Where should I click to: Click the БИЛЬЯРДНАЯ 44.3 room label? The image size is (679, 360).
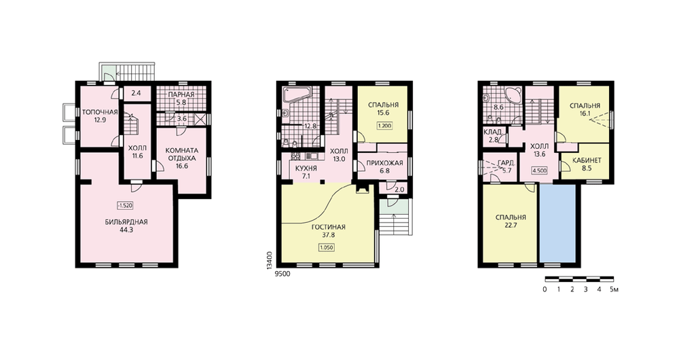[x=126, y=226]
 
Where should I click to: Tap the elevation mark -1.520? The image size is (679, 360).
[x=125, y=206]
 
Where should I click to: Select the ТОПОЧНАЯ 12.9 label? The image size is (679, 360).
[x=100, y=116]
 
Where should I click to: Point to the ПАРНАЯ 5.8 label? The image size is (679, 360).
[x=181, y=98]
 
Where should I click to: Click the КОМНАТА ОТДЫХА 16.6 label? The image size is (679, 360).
[x=182, y=158]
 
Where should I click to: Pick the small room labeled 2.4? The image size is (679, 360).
[x=136, y=92]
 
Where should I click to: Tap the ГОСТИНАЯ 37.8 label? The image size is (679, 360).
[x=328, y=231]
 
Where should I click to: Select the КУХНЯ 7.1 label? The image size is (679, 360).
[x=306, y=172]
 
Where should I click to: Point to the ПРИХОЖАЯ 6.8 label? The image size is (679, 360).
[x=384, y=167]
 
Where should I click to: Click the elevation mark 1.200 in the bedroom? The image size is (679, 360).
[x=384, y=126]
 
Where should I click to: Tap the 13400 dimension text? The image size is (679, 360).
[x=270, y=261]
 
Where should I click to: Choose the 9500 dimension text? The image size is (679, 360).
[x=282, y=274]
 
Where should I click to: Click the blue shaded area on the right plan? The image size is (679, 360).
[x=557, y=223]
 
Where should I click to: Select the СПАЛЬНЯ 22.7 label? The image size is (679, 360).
[x=511, y=221]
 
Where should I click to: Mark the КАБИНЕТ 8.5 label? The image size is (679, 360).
[x=587, y=164]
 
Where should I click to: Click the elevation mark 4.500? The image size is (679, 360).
[x=539, y=170]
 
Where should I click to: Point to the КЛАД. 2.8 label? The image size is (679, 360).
[x=493, y=136]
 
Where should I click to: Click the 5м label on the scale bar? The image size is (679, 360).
[x=614, y=289]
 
